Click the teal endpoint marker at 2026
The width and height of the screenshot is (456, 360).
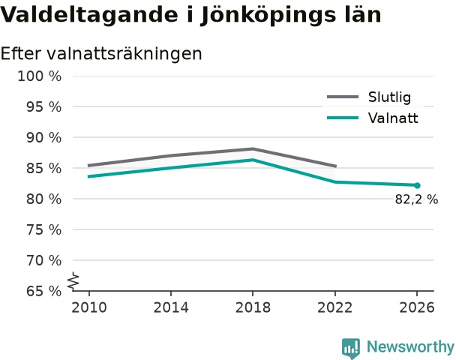[417, 185]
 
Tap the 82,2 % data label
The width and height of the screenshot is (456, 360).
[416, 199]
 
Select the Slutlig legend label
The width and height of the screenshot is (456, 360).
[389, 97]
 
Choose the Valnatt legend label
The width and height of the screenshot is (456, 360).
[393, 118]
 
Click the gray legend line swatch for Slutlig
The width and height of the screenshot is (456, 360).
[343, 97]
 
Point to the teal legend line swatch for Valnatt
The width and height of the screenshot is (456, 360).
[343, 118]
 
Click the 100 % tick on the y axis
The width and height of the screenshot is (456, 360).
[40, 76]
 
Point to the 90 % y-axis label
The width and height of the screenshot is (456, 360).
[44, 138]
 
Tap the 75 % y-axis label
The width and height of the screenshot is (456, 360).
[44, 230]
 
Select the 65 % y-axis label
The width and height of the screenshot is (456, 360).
[44, 291]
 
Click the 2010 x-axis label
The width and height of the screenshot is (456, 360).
[89, 307]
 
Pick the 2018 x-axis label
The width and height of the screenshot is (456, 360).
[253, 307]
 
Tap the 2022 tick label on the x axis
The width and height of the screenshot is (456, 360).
[334, 307]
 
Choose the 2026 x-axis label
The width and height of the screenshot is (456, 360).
[417, 307]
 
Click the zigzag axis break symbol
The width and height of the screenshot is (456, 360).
[73, 281]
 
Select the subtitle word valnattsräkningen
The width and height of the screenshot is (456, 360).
[124, 54]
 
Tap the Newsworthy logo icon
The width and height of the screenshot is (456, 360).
[351, 348]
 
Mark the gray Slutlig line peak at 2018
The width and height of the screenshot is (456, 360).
[253, 149]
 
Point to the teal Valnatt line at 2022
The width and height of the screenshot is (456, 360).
[335, 182]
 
